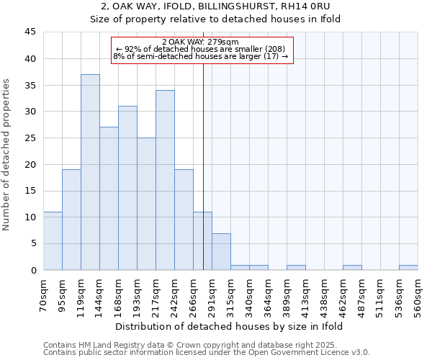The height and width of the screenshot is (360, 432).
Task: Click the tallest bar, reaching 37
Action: pyautogui.click(x=90, y=172)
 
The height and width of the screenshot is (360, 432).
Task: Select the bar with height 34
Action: pyautogui.click(x=165, y=180)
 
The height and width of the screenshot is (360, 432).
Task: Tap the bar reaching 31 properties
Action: pyautogui.click(x=127, y=188)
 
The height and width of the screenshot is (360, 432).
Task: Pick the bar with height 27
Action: pyautogui.click(x=109, y=199)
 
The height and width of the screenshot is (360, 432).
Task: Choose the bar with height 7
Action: pyautogui.click(x=221, y=251)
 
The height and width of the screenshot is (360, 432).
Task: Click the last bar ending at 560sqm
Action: pyautogui.click(x=408, y=267)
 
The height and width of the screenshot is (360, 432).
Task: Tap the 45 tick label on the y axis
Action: pyautogui.click(x=30, y=32)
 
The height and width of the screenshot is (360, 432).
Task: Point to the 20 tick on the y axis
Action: pyautogui.click(x=30, y=164)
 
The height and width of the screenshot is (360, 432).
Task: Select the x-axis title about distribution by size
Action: pyautogui.click(x=230, y=326)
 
